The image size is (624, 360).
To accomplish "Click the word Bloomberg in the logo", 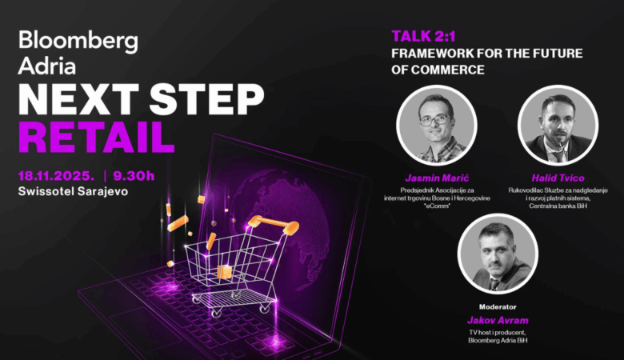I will (78, 42).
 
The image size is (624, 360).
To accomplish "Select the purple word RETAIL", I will (97, 135).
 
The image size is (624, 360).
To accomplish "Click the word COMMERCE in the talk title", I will (447, 70).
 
